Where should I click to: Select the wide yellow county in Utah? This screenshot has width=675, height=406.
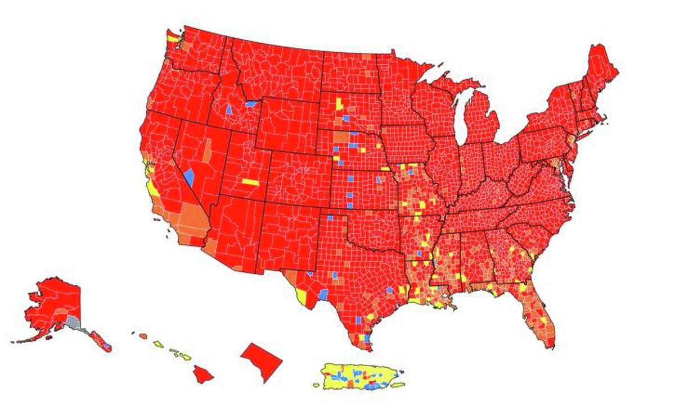(250, 182)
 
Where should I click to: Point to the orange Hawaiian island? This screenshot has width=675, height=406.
(143, 336)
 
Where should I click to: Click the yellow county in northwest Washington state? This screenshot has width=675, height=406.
(173, 38)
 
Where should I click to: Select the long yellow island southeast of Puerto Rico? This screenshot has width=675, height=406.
(397, 385)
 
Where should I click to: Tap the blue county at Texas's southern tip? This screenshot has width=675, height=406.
(367, 339)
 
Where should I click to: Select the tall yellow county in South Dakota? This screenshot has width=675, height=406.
(339, 104)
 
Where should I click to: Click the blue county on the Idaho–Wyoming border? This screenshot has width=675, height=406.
(251, 104)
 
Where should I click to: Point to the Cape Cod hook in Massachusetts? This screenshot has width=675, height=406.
(603, 118)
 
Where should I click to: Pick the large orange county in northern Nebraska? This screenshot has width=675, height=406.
(341, 137)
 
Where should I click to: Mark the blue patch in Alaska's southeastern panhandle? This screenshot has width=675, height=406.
(106, 344)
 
